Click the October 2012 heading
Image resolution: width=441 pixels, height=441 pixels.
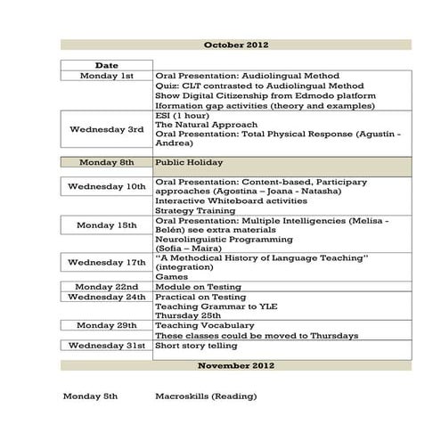pyautogui.click(x=236, y=45)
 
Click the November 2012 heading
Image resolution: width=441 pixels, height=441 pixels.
pyautogui.click(x=236, y=365)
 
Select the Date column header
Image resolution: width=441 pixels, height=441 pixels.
pyautogui.click(x=106, y=65)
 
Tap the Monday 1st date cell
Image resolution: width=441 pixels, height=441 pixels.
pyautogui.click(x=106, y=76)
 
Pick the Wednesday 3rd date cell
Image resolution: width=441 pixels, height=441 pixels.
pyautogui.click(x=106, y=129)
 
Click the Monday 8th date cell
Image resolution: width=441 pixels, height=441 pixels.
pyautogui.click(x=106, y=162)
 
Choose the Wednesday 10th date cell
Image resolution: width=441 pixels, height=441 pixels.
pyautogui.click(x=106, y=186)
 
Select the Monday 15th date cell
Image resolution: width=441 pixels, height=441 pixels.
pyautogui.click(x=106, y=225)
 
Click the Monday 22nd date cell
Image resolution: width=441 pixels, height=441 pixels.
pyautogui.click(x=106, y=286)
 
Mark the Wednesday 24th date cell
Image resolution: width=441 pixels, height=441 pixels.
pyautogui.click(x=106, y=297)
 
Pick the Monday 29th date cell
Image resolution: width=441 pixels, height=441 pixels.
pyautogui.click(x=106, y=326)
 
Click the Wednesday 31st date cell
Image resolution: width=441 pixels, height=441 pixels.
pyautogui.click(x=106, y=345)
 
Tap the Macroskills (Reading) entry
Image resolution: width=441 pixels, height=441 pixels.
pyautogui.click(x=208, y=395)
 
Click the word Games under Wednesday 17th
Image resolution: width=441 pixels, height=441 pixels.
pyautogui.click(x=169, y=276)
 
